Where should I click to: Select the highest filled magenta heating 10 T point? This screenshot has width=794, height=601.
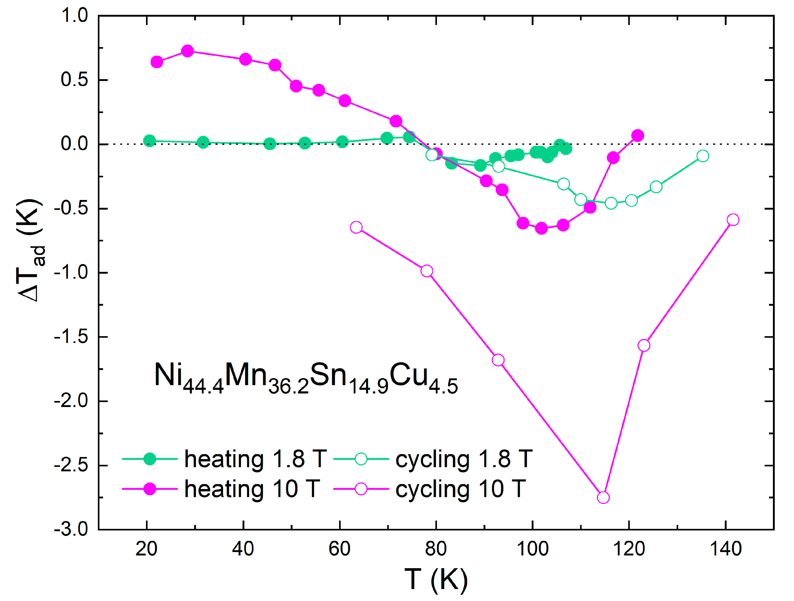[187, 51]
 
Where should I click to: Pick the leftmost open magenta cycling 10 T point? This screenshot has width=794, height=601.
[356, 227]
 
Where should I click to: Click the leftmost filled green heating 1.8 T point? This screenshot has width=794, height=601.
[149, 141]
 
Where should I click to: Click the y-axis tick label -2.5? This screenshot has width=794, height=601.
[71, 466]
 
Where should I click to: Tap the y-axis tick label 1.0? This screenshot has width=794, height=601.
[75, 16]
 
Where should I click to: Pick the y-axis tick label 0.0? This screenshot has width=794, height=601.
[75, 144]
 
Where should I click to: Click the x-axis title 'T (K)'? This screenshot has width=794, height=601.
[436, 579]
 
